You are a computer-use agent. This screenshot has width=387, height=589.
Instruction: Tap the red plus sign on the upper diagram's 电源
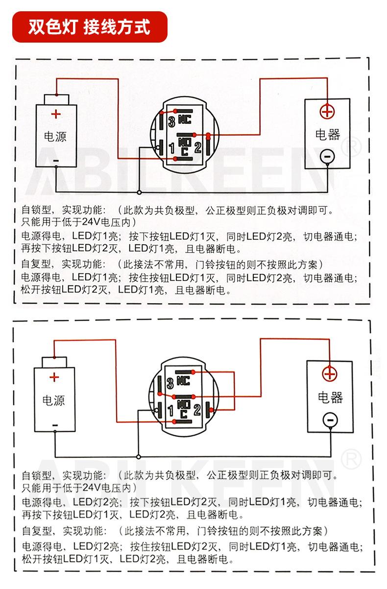coord(56,114)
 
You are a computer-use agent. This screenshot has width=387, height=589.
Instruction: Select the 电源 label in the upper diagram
coord(55,136)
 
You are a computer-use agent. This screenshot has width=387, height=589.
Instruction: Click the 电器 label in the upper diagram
coord(327,135)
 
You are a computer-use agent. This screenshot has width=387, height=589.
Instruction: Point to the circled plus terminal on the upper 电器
coord(327,112)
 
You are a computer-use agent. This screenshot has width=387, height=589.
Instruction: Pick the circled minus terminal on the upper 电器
coord(327,156)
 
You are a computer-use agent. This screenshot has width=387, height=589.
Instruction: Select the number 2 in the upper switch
coord(197,146)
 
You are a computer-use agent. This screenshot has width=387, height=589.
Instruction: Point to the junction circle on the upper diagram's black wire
coord(140,192)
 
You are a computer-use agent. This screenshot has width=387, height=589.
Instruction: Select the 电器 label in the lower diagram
coord(329,397)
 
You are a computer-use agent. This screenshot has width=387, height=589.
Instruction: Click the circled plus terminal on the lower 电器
coord(329,375)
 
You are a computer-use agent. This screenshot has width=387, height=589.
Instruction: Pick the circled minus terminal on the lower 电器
coord(329,420)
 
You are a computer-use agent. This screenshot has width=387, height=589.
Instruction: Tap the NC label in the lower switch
coord(183,382)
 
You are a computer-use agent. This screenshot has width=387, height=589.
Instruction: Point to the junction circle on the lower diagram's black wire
coord(138,453)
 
